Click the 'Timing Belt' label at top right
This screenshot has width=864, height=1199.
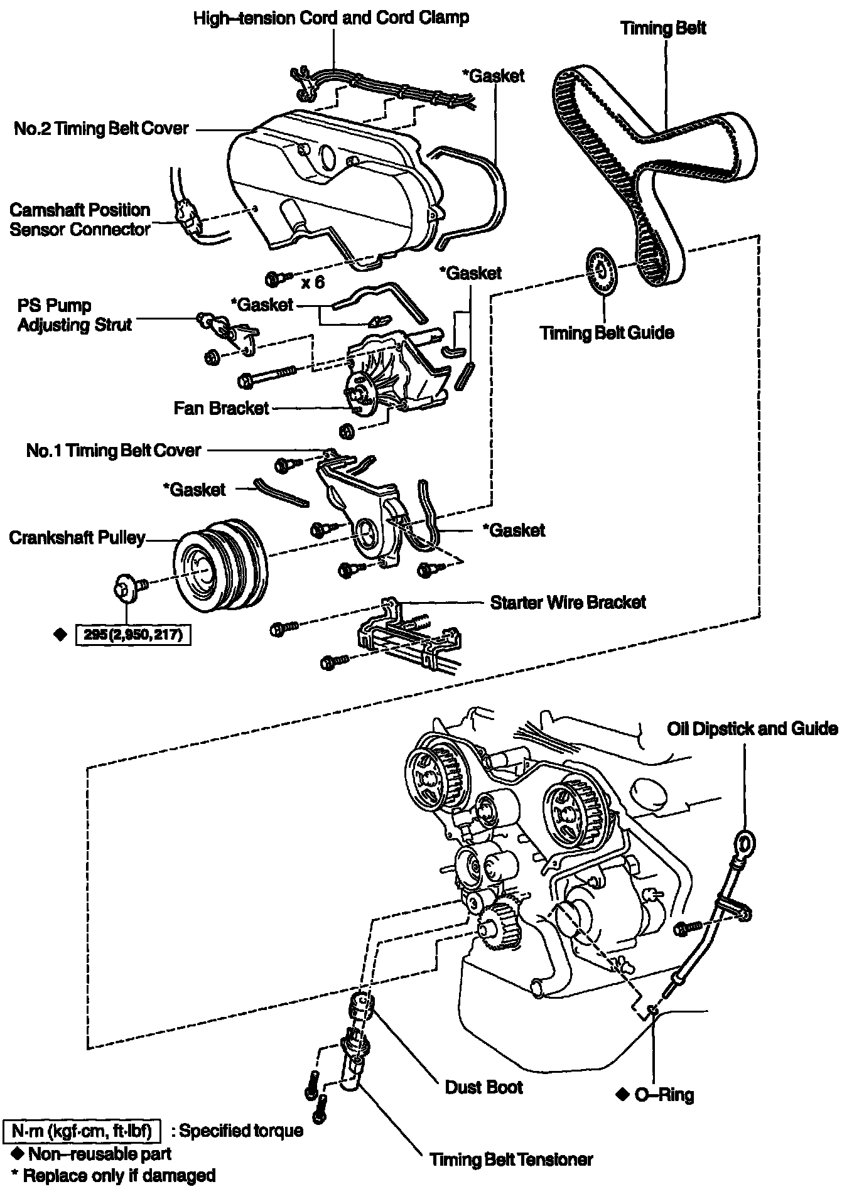coord(663,28)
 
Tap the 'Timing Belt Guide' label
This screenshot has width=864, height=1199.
coord(607,333)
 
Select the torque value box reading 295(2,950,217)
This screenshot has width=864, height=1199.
coord(132,635)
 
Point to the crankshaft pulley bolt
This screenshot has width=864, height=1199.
coord(126,587)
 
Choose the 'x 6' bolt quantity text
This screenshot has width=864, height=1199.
coord(313,282)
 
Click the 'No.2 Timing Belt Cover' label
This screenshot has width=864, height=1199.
coord(101,129)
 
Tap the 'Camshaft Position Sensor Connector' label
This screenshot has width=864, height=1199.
coord(80,219)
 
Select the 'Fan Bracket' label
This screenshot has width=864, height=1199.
coord(221,408)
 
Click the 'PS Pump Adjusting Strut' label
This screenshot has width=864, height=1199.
coord(75,315)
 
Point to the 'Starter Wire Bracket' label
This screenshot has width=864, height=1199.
coord(568,603)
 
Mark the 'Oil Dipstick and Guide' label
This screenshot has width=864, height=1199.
coord(752,729)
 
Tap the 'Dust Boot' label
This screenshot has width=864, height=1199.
coord(483,1087)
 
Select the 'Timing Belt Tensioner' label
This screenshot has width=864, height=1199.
coord(510,1159)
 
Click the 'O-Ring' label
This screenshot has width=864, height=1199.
coord(664,1095)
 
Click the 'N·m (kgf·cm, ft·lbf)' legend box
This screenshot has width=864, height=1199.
coord(82,1131)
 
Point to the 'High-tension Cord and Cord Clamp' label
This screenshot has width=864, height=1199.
coord(331,18)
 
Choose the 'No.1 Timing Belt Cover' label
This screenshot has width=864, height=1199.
coord(114,450)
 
